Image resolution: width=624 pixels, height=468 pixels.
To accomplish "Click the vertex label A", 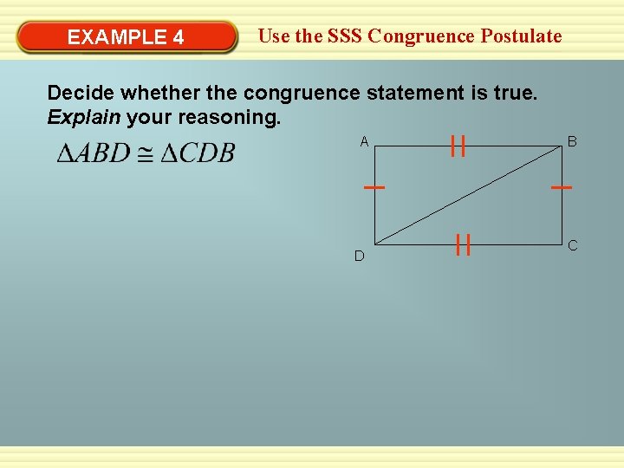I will pyautogui.click(x=364, y=141).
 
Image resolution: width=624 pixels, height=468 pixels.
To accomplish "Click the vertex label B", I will pyautogui.click(x=572, y=141).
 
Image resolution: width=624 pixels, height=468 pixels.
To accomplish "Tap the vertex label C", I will pyautogui.click(x=572, y=246).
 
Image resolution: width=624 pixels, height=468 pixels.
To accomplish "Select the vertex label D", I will pyautogui.click(x=359, y=257).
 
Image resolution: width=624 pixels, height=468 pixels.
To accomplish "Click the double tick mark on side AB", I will pyautogui.click(x=458, y=146).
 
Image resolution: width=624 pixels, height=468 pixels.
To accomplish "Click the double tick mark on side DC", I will pyautogui.click(x=463, y=245).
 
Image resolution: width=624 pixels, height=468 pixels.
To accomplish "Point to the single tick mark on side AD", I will pyautogui.click(x=374, y=187).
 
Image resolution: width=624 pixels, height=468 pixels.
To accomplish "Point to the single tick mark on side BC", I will pyautogui.click(x=562, y=187).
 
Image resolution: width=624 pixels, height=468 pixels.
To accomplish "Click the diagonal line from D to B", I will pyautogui.click(x=468, y=194).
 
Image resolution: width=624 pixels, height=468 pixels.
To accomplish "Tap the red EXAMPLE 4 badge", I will pyautogui.click(x=127, y=37).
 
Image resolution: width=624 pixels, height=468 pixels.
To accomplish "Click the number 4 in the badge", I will pyautogui.click(x=178, y=37).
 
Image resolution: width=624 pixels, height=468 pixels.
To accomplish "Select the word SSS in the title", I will pyautogui.click(x=345, y=36).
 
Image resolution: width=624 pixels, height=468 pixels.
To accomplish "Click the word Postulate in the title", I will pyautogui.click(x=522, y=36).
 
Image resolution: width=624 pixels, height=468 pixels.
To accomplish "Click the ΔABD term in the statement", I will pyautogui.click(x=93, y=154).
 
